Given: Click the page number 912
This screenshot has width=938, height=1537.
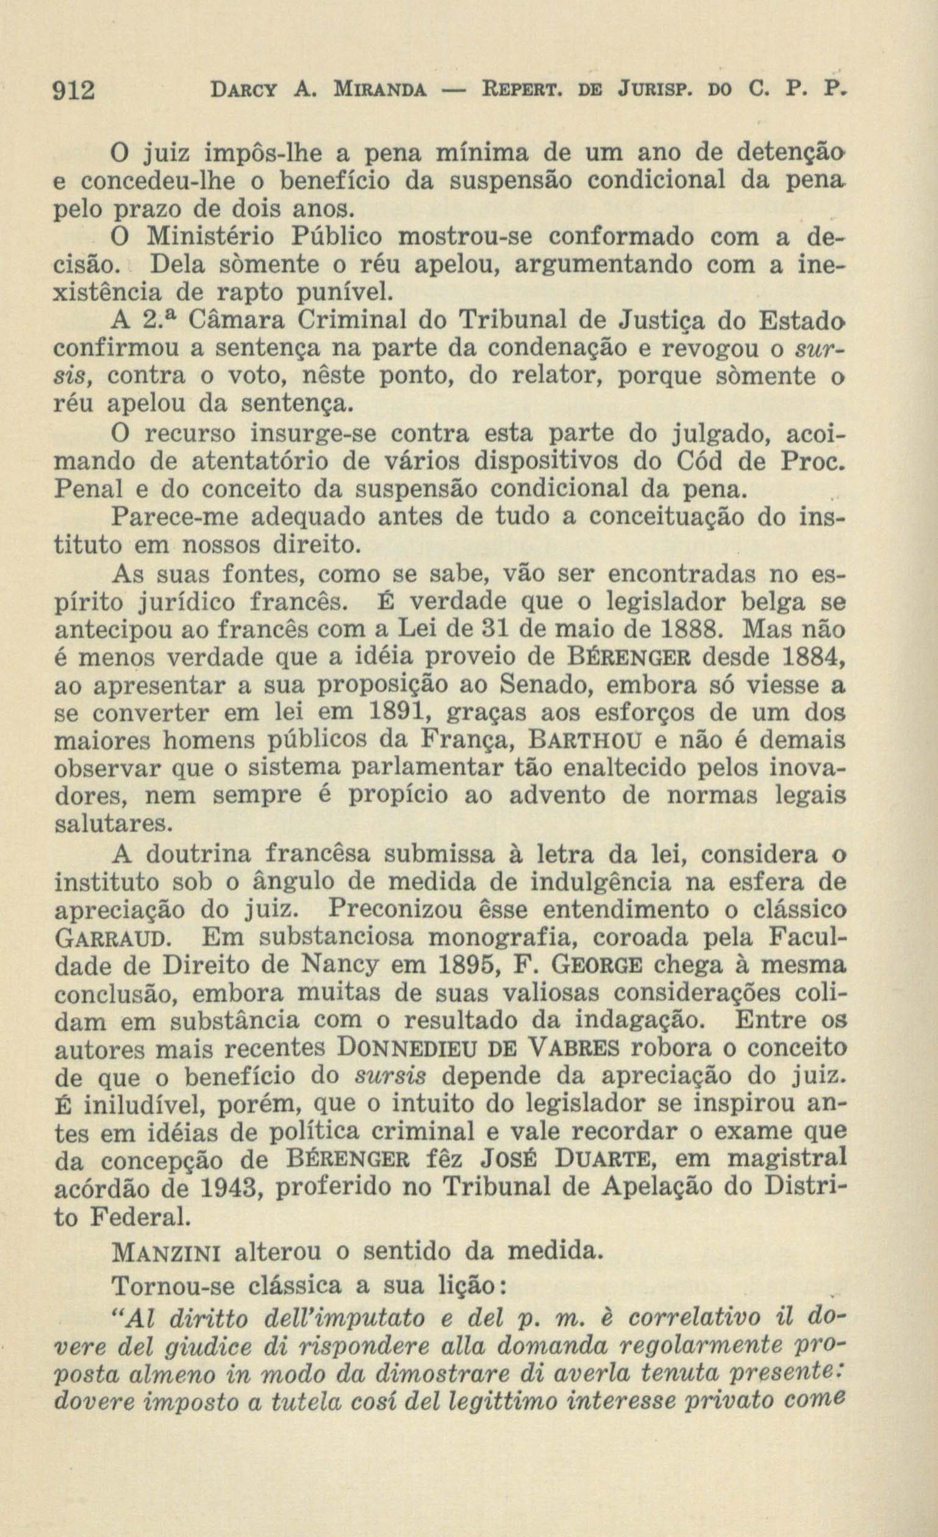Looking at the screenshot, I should tap(74, 91).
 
